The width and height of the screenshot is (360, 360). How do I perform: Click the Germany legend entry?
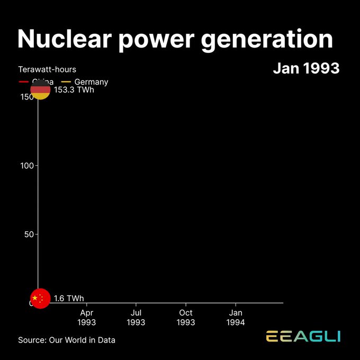[91, 82]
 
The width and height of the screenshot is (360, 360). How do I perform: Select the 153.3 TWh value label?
[75, 89]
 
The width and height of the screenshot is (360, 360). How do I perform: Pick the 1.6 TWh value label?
[69, 299]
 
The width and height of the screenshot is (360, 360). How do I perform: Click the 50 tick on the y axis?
[29, 235]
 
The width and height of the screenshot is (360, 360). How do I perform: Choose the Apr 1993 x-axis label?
[86, 317]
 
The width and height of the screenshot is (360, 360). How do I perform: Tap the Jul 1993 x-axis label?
[136, 317]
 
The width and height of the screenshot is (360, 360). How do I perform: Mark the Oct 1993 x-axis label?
[186, 317]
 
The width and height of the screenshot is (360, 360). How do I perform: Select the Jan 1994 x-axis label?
[236, 317]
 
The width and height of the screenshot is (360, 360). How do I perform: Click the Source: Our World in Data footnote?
[67, 340]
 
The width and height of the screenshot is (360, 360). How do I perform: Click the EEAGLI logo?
[303, 337]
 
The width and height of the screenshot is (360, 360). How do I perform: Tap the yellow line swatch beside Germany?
[66, 82]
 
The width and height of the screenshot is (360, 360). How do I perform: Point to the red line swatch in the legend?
[23, 82]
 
